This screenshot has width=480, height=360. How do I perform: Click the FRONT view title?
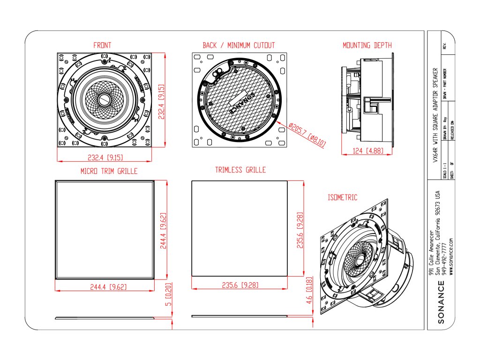102,45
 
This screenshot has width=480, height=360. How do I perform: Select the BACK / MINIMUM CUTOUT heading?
239,45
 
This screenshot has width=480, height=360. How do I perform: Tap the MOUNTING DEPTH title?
367,45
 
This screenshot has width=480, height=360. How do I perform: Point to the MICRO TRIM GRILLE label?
109,171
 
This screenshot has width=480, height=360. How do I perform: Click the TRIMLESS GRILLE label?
240,170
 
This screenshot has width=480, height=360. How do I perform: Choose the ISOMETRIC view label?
342,197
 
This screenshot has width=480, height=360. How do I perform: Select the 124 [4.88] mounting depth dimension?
367,151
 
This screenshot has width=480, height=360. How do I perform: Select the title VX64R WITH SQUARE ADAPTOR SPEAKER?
435,115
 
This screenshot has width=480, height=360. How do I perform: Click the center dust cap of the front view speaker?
104,100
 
